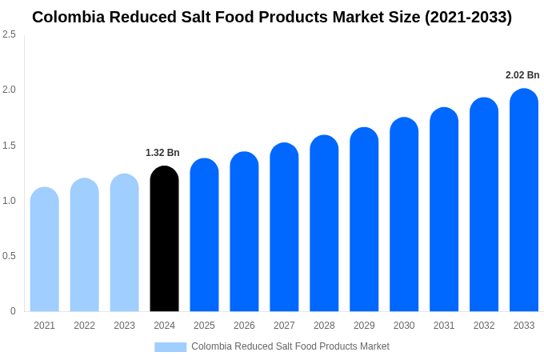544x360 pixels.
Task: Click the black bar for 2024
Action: pos(164,240)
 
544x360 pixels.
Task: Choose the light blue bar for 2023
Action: pos(124,243)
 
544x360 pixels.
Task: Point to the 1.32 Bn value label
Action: pos(162,153)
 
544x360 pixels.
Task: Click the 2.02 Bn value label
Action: pos(522,75)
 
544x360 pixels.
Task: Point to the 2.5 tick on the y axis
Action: pos(9,34)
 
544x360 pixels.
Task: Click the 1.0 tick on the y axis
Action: pos(9,201)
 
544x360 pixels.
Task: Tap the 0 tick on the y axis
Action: pos(13,311)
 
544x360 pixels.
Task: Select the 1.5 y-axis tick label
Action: pos(9,146)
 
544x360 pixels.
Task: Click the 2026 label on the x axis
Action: pos(244,326)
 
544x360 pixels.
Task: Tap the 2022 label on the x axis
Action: pos(84,326)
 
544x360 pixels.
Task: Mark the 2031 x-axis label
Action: pos(444,326)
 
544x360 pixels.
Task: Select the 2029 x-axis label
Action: pos(364,326)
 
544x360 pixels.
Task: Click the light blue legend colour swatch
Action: pos(170,346)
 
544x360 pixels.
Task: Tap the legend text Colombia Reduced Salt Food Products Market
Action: pos(290,346)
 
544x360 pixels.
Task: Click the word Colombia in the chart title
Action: pos(68,17)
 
